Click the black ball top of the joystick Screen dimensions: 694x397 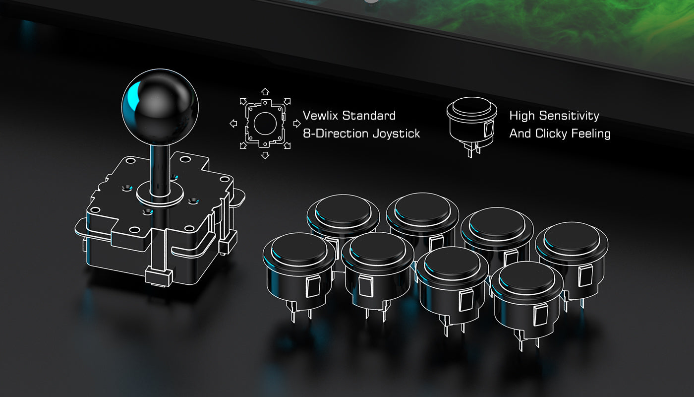(160, 107)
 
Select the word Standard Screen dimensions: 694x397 (370, 116)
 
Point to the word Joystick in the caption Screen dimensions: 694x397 (396, 133)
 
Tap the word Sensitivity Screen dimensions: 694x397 (569, 116)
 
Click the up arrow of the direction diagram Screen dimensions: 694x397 (265, 91)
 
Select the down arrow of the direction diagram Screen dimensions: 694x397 (265, 155)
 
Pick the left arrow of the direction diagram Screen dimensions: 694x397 (233, 124)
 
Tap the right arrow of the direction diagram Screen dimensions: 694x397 (297, 124)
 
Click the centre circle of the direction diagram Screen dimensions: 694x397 (265, 124)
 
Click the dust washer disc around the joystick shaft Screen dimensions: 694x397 (160, 194)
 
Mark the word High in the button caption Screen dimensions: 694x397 (522, 116)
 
